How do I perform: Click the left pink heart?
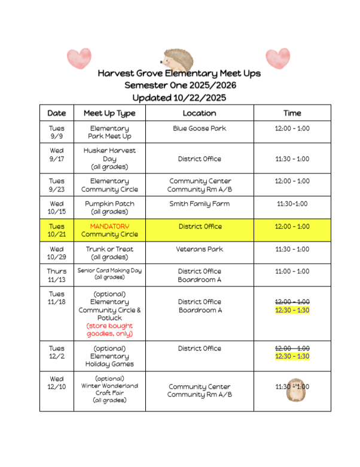(79, 58)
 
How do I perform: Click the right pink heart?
(277, 58)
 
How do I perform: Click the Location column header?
(199, 113)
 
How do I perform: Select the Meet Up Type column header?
(109, 113)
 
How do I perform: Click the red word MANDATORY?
(109, 227)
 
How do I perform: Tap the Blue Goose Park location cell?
(199, 129)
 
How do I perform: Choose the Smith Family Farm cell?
(199, 204)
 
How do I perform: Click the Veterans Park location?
(199, 249)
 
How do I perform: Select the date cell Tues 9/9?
(57, 132)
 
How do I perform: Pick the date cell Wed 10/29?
(57, 253)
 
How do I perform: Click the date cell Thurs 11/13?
(57, 275)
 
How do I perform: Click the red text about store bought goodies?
(109, 329)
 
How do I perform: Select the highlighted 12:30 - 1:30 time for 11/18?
(292, 310)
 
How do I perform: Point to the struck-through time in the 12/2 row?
(292, 348)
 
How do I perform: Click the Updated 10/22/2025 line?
(179, 97)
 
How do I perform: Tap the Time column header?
(292, 113)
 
